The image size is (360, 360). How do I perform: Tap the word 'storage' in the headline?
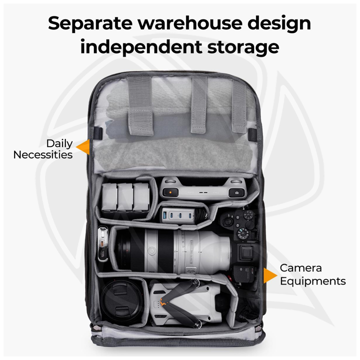pos(243,47)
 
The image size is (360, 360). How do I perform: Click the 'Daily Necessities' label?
pos(43,149)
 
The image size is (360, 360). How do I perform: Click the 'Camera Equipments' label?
pos(312,275)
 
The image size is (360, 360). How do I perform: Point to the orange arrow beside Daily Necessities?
pos(82,147)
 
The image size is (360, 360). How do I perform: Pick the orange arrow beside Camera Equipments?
pos(270,275)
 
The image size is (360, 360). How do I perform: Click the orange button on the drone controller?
pos(170,192)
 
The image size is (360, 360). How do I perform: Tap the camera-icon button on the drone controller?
pos(236,193)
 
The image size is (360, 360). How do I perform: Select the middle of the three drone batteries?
pos(125,197)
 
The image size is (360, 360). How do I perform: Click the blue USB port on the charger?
pos(165,215)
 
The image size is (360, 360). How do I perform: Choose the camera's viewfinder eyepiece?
pos(246,253)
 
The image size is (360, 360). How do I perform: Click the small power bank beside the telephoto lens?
pos(103,244)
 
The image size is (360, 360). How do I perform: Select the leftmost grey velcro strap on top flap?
pos(140,105)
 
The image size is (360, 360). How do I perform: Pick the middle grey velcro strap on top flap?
pos(199,104)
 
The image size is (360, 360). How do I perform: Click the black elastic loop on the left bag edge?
pos(98,133)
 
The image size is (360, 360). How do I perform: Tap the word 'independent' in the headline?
pos(141,47)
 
